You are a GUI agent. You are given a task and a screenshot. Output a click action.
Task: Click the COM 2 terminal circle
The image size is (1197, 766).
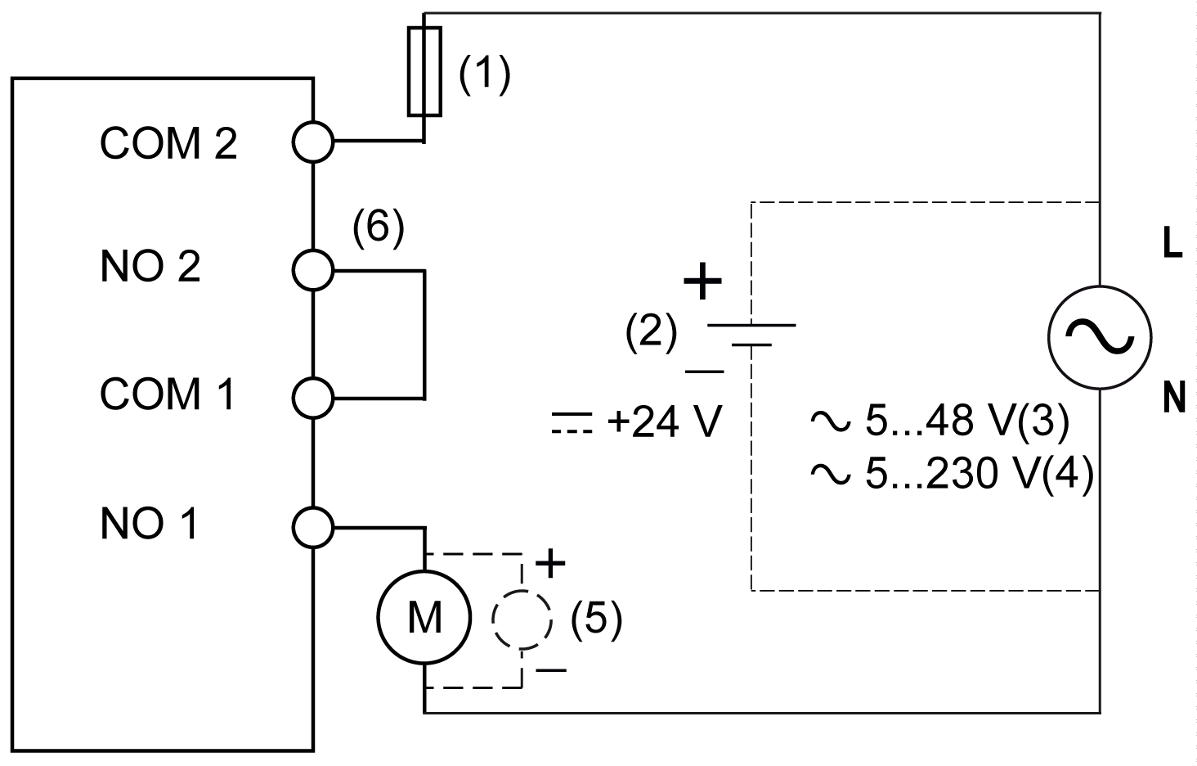click(313, 142)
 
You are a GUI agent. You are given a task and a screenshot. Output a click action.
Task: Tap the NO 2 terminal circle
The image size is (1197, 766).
click(313, 269)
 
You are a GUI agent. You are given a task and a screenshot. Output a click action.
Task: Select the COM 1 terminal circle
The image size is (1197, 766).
click(313, 397)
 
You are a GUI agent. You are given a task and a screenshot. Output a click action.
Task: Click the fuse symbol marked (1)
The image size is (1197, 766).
click(424, 71)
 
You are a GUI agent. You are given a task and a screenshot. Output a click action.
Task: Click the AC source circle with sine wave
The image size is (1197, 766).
click(1100, 336)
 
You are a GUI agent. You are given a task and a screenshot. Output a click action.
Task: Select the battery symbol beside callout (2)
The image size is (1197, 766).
click(751, 335)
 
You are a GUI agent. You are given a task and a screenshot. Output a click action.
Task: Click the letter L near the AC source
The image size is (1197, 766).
click(1172, 246)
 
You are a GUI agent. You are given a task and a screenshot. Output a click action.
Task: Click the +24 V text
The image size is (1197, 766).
click(664, 422)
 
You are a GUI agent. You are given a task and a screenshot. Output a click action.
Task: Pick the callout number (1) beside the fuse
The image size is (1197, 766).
click(484, 75)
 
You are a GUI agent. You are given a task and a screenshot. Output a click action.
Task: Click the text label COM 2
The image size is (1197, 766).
click(168, 143)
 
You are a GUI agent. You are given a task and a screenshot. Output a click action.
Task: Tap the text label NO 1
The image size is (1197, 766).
click(150, 524)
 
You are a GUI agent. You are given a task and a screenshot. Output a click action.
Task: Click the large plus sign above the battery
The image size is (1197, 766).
click(702, 283)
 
